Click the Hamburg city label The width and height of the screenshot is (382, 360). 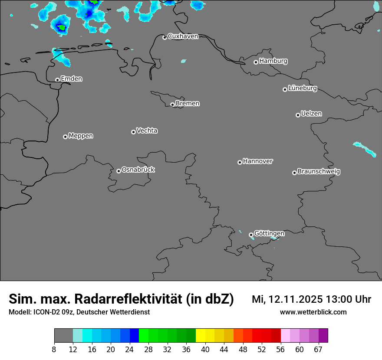(273, 61)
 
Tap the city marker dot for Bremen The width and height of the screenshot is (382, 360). (172, 105)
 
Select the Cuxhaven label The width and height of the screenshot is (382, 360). (183, 36)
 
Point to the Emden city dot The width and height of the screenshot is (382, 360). (57, 80)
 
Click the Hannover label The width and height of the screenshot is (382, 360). (258, 161)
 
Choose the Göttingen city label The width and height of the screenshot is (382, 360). (269, 233)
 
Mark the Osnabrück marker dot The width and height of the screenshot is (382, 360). (119, 171)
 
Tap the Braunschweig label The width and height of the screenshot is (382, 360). (319, 171)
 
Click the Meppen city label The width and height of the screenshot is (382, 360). (81, 136)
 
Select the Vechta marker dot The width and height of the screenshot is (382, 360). (133, 132)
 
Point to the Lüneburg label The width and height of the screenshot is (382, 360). (303, 88)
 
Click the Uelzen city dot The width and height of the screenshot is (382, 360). (298, 115)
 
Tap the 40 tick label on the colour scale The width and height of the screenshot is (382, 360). (205, 349)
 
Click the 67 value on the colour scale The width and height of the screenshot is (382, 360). (318, 349)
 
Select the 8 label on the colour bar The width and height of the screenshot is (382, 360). (54, 349)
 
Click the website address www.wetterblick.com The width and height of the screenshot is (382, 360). (313, 312)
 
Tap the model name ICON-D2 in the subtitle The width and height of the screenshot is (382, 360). (46, 312)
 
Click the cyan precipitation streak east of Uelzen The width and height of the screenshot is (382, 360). (364, 148)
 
